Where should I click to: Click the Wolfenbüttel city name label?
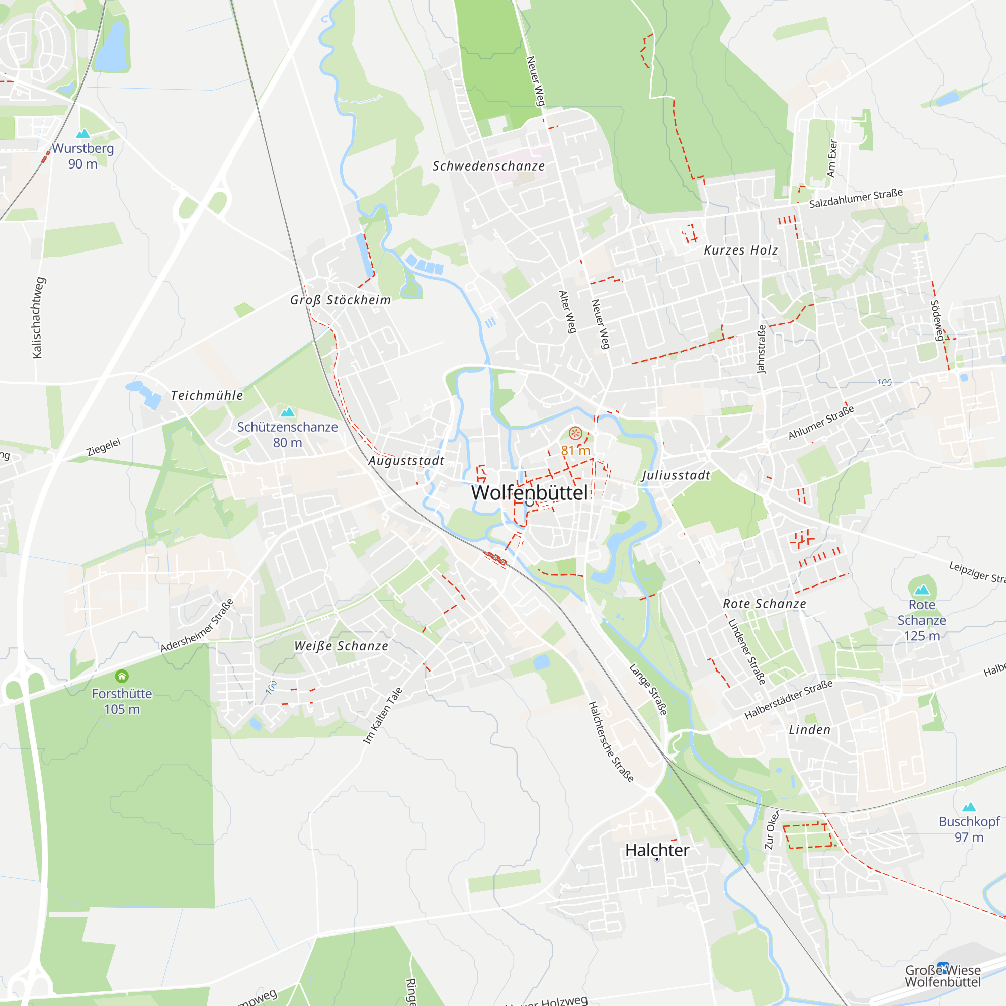coord(530,492)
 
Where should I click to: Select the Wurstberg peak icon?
coord(83,134)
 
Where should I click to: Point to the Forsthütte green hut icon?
coord(122,677)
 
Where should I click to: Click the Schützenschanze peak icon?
coord(287,412)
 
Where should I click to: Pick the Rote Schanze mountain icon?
coord(921,590)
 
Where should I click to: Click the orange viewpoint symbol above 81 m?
coord(575,433)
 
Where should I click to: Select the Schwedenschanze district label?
coord(488,166)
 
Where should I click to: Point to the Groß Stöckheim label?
coord(341,300)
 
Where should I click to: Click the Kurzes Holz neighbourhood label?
coord(740,250)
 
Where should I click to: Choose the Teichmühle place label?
coord(207,396)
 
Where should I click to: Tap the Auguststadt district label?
coord(406,461)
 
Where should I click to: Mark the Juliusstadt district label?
coord(676,475)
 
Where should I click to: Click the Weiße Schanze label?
coord(341,646)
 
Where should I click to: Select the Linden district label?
coord(810,730)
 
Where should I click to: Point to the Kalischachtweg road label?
coord(38,317)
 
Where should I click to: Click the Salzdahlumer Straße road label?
coord(856,198)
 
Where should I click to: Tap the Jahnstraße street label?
coord(761,350)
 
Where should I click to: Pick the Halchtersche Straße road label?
coord(611,742)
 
